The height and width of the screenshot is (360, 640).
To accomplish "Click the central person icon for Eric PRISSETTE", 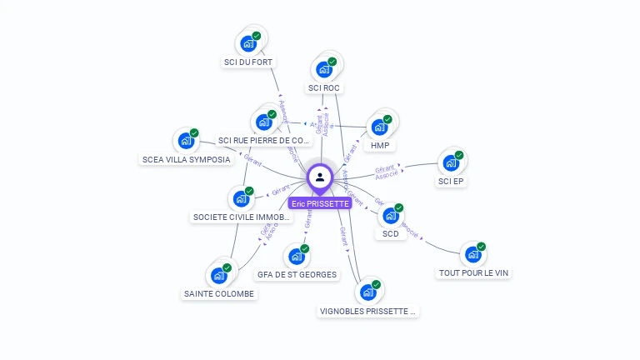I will click(x=320, y=177).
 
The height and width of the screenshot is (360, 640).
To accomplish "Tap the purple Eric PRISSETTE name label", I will click(x=320, y=203).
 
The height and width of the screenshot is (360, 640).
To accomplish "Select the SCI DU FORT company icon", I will click(x=247, y=43).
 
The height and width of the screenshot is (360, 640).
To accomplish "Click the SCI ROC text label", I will click(x=324, y=87).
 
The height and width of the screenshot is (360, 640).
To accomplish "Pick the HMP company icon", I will click(x=379, y=127).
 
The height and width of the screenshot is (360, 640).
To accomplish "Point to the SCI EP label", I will click(x=451, y=181).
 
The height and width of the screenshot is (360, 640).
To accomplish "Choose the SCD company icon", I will click(x=390, y=216).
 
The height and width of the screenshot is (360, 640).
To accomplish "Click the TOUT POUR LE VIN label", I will click(x=473, y=272).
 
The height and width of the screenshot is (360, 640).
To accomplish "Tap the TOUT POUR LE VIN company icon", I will click(x=472, y=253).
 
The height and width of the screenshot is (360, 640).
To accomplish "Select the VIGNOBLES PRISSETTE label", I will click(x=367, y=311).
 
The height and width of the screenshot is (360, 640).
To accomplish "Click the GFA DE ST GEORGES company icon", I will click(x=296, y=256).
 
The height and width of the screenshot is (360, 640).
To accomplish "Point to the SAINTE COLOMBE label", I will click(x=219, y=293).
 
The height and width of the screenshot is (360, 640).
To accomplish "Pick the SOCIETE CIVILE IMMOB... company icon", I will click(x=241, y=198).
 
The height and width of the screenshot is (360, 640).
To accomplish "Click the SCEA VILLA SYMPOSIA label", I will click(x=186, y=159).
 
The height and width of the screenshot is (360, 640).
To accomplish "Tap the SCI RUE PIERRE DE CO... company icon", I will click(x=264, y=122).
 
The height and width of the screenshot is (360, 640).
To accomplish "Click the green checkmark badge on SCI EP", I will click(x=459, y=155).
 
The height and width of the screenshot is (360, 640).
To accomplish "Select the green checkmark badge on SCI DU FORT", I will click(x=257, y=36).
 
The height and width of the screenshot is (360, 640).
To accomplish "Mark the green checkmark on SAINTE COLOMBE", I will click(x=227, y=267).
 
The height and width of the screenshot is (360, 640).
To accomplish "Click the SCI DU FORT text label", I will click(x=248, y=62).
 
